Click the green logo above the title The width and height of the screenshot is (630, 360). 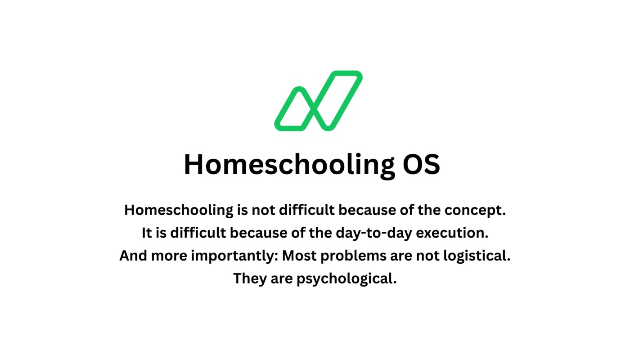click(318, 101)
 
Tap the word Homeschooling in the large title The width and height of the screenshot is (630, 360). click(289, 165)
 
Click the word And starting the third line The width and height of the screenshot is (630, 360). click(133, 256)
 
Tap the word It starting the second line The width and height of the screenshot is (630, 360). click(147, 233)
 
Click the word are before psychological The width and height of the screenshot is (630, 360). click(282, 279)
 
